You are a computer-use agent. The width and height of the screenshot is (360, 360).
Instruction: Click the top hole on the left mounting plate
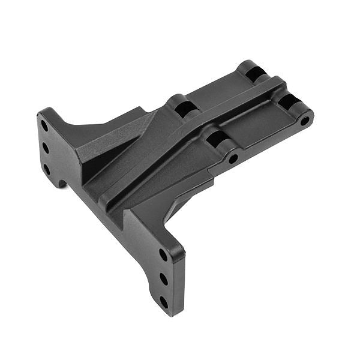coord(44,127)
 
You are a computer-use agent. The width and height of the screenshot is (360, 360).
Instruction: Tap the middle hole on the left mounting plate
coord(46,147)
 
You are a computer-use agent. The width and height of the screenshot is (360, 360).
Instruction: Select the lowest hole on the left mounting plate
coord(47,169)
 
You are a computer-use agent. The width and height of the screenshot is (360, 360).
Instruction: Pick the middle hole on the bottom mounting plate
coord(163,279)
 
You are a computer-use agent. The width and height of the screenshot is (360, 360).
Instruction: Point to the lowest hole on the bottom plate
coord(164,302)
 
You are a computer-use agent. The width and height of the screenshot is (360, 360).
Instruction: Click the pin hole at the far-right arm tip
coord(305,120)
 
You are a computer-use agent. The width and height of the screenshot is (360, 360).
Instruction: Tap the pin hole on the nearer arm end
coord(233,159)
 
